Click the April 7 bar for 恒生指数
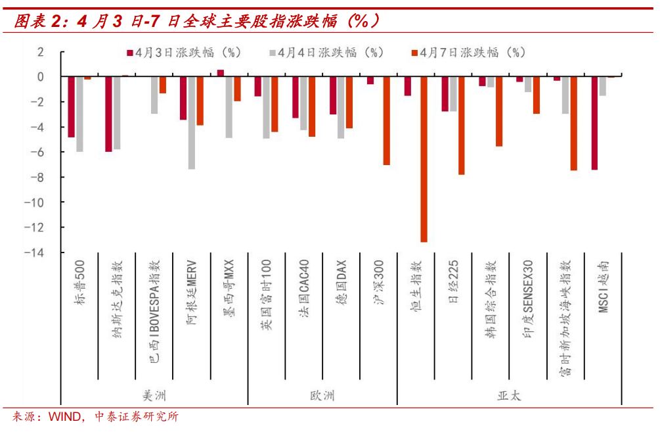point(424,159)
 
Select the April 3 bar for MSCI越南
point(594,123)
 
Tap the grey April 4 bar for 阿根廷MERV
point(191,123)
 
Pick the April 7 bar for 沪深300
point(387,120)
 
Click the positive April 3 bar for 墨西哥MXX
point(221,73)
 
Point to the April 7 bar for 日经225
point(461,126)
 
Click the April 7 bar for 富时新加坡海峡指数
point(573,124)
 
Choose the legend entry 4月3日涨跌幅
point(180,53)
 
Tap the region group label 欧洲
point(322,396)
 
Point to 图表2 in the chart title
point(39,22)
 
